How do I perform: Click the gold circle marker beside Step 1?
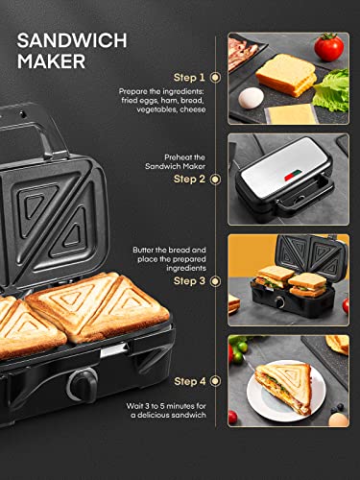[x=215, y=77]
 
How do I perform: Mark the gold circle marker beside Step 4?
[x=215, y=382]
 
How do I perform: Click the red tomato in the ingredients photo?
[x=328, y=47]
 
